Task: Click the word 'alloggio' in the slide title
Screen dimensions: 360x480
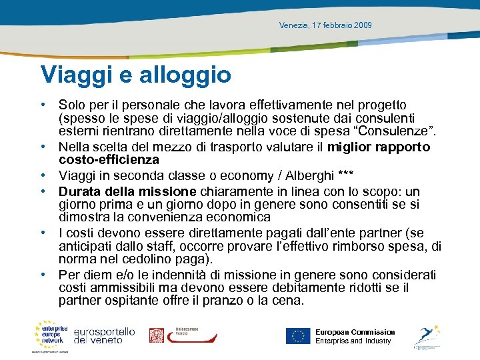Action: click(x=186, y=75)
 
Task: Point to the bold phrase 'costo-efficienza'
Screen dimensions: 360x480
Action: click(x=109, y=160)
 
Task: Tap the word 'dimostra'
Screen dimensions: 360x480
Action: click(x=83, y=217)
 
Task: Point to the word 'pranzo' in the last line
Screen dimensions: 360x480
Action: click(x=229, y=301)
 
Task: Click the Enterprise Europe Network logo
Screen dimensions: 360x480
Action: click(x=51, y=335)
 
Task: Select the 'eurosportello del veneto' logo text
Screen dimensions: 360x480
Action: click(x=105, y=335)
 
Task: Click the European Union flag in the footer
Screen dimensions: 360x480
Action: click(x=298, y=335)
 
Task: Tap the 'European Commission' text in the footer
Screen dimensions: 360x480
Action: click(x=355, y=332)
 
